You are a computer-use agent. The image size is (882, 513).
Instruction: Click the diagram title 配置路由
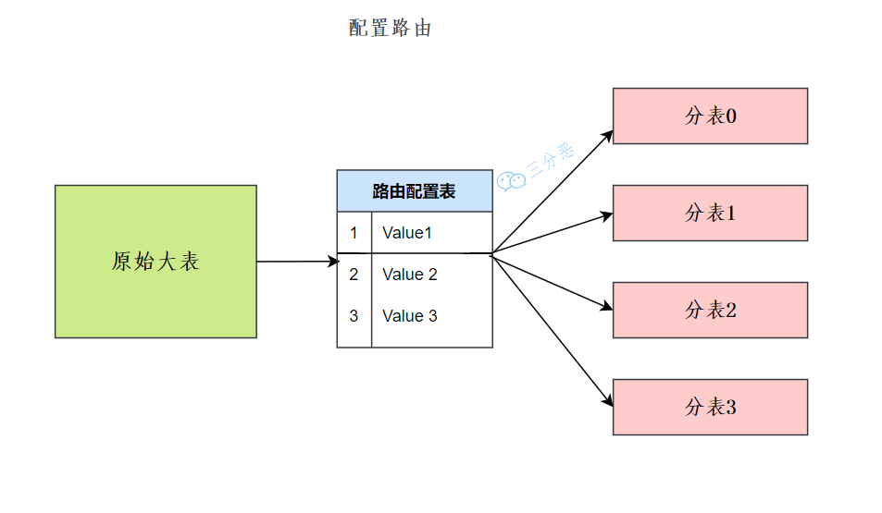click(390, 29)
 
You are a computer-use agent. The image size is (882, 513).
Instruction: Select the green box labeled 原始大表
click(155, 262)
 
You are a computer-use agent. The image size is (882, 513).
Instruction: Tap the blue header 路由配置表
click(414, 191)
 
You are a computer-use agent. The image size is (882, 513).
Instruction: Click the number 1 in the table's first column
click(354, 233)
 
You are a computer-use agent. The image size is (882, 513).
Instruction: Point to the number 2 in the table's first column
click(354, 275)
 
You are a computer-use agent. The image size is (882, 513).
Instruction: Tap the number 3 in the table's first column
click(354, 316)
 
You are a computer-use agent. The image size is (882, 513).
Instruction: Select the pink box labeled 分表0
click(710, 116)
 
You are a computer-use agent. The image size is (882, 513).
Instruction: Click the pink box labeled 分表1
click(710, 214)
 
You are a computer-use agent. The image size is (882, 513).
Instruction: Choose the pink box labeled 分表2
click(710, 311)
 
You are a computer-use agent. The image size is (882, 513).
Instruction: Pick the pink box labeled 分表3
click(710, 407)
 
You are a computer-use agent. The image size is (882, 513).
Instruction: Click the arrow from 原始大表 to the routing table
click(296, 262)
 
